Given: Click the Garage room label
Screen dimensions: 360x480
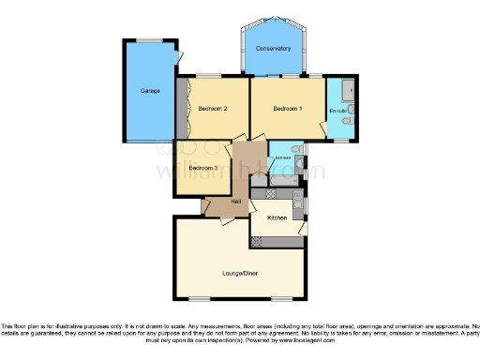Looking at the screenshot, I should pos(150,91).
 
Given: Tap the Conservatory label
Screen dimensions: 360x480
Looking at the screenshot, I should pos(274,49).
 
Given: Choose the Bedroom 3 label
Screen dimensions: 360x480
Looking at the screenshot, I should pos(202,168).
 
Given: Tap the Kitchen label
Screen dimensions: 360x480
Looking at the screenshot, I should pos(277,217).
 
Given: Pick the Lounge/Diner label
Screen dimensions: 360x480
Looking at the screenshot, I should pos(240,273).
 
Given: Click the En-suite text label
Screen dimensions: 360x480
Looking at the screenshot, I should pos(338,112).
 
